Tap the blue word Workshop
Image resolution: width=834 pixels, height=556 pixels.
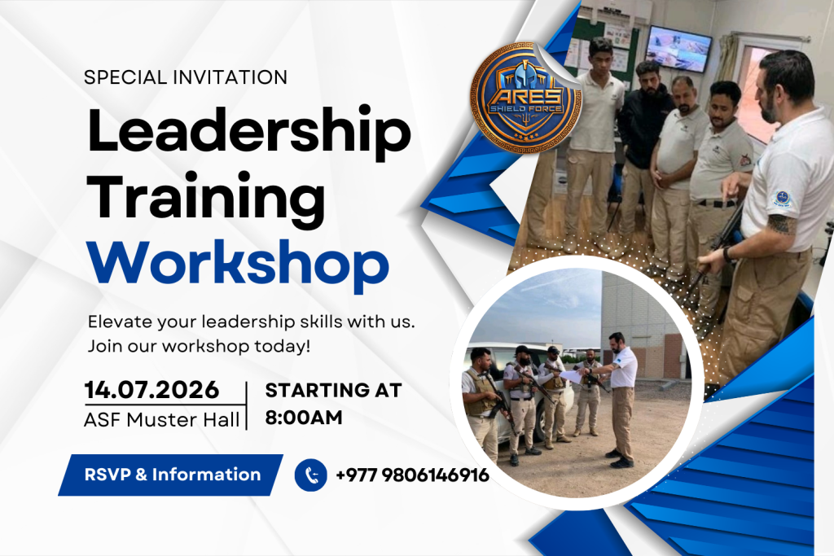[238, 264]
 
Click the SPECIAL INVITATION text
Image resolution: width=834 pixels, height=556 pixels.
[186, 77]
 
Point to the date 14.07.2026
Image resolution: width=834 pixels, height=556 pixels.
[151, 390]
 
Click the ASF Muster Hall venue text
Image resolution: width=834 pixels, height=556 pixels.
[162, 420]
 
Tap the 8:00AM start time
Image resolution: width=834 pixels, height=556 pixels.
[304, 418]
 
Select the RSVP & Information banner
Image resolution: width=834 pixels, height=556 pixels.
[171, 475]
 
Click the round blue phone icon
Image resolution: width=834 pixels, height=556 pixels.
[310, 475]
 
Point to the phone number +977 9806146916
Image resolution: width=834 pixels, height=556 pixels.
[412, 475]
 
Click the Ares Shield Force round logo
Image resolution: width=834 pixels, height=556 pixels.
[525, 99]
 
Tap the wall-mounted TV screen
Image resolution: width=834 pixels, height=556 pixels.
[678, 48]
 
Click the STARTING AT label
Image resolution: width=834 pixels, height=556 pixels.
[333, 390]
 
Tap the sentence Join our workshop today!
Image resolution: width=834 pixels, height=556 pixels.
[199, 346]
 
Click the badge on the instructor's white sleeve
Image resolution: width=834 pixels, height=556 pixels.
[781, 199]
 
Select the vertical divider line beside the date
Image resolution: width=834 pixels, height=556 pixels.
[246, 405]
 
